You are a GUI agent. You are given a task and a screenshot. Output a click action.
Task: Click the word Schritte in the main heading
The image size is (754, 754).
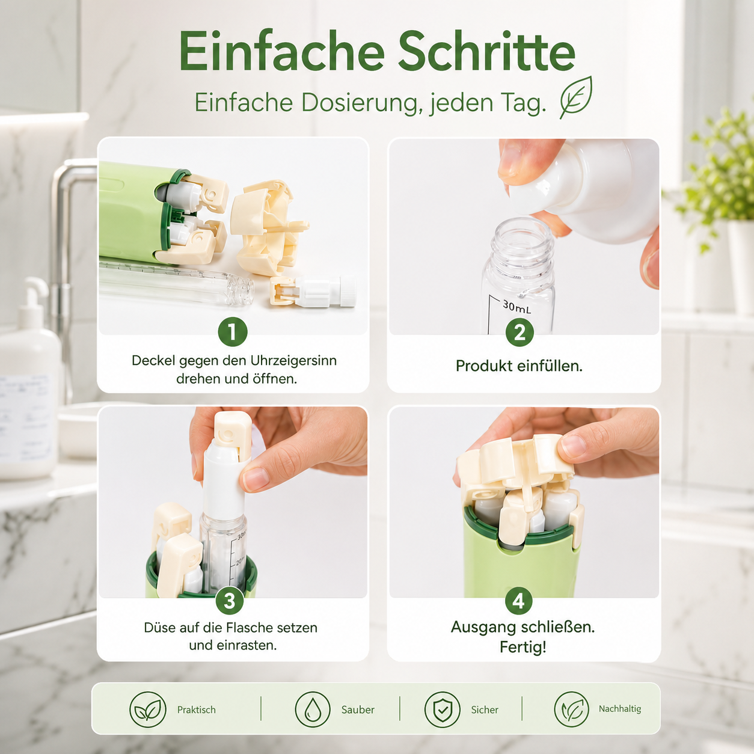pos(486,51)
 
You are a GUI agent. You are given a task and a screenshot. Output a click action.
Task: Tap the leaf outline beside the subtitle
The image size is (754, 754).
pos(576,97)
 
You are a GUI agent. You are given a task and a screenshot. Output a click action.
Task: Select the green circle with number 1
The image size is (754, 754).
pos(233,332)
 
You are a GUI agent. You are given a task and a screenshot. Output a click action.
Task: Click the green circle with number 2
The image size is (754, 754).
pos(520,333)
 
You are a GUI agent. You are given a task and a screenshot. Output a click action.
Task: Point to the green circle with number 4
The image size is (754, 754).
pos(518,601)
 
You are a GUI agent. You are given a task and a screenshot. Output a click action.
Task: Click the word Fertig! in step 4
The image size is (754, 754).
pos(523,647)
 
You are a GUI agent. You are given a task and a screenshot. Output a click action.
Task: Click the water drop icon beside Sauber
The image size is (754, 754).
pos(313,710)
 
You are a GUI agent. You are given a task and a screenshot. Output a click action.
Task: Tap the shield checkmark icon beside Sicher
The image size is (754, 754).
pos(442,710)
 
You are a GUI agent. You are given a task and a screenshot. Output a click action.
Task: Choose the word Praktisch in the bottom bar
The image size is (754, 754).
pos(197,710)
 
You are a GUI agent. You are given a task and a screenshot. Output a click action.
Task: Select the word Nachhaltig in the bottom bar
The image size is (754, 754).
pos(620,709)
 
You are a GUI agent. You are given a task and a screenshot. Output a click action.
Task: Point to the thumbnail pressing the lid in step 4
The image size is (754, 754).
pos(573,446)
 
